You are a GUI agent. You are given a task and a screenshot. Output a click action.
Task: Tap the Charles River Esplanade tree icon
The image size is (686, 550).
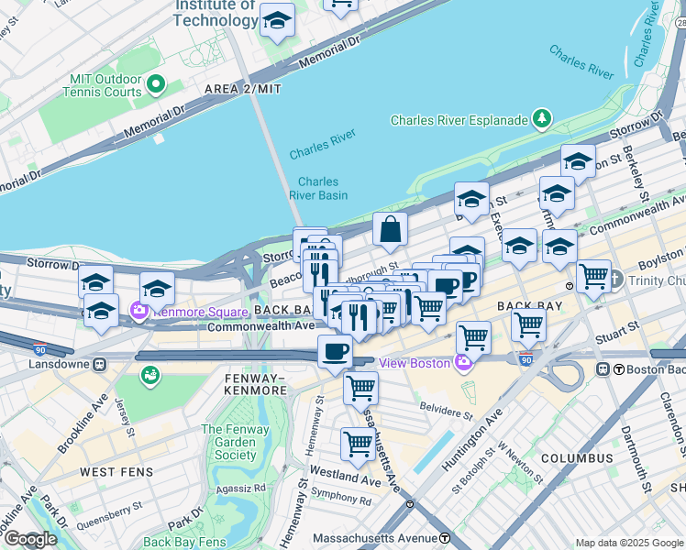tap(543, 119)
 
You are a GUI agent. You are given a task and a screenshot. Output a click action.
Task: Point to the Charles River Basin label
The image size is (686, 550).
tap(318, 188)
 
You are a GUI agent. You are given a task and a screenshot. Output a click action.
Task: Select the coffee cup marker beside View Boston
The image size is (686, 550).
tap(335, 351)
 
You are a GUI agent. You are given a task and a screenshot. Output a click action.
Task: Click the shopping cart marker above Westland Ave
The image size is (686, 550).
tap(357, 445)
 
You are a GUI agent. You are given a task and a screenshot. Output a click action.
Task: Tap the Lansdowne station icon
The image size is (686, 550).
tap(99, 364)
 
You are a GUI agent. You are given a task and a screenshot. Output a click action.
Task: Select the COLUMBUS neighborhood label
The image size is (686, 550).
tap(576, 457)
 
